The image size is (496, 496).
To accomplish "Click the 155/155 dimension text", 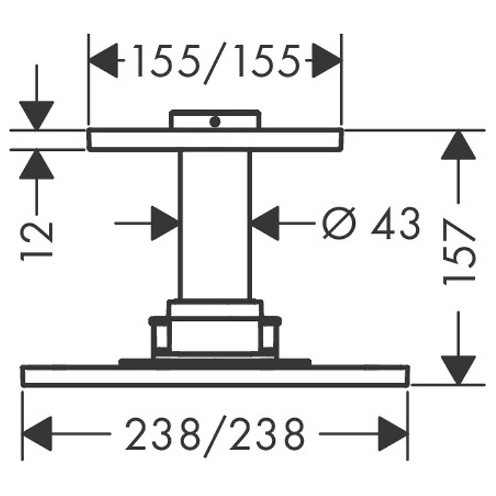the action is coord(216,62).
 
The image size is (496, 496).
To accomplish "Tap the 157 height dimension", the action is coord(458,252).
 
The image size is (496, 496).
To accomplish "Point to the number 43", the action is coord(395,223).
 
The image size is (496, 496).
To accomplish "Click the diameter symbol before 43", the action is coord(339,222).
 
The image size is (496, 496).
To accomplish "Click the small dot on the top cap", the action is coord(215,121).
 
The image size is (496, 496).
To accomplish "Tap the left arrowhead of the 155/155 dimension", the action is coord(103,60).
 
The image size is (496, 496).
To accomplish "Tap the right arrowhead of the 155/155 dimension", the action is coord(327,60).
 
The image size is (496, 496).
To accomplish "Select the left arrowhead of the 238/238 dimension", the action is coord(37,434).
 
